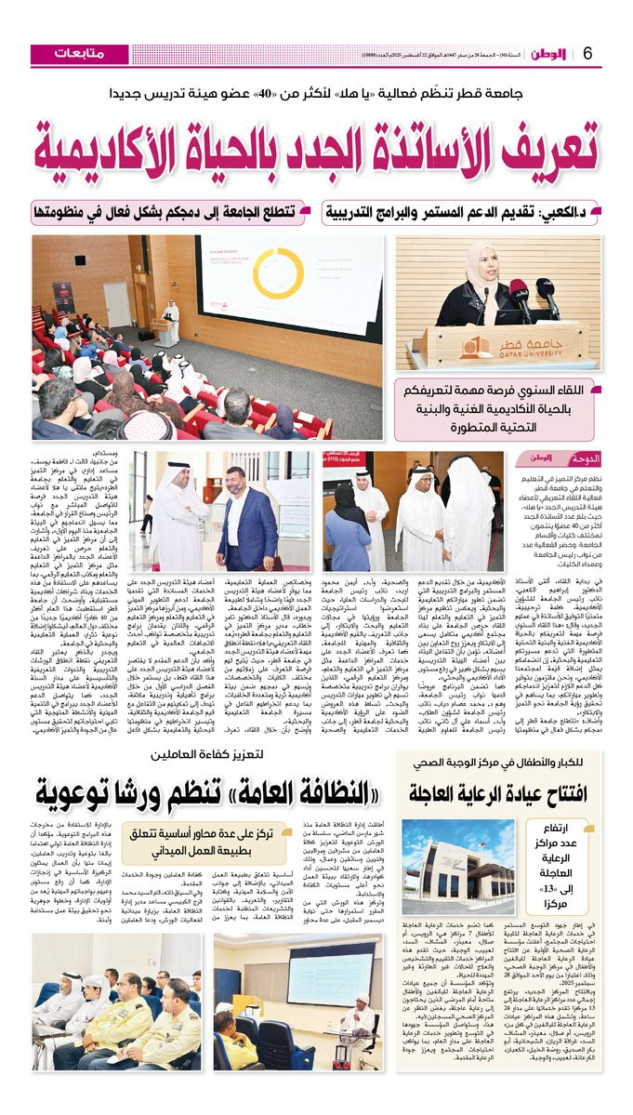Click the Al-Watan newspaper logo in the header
(x=547, y=53)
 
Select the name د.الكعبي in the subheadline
(x=585, y=213)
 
